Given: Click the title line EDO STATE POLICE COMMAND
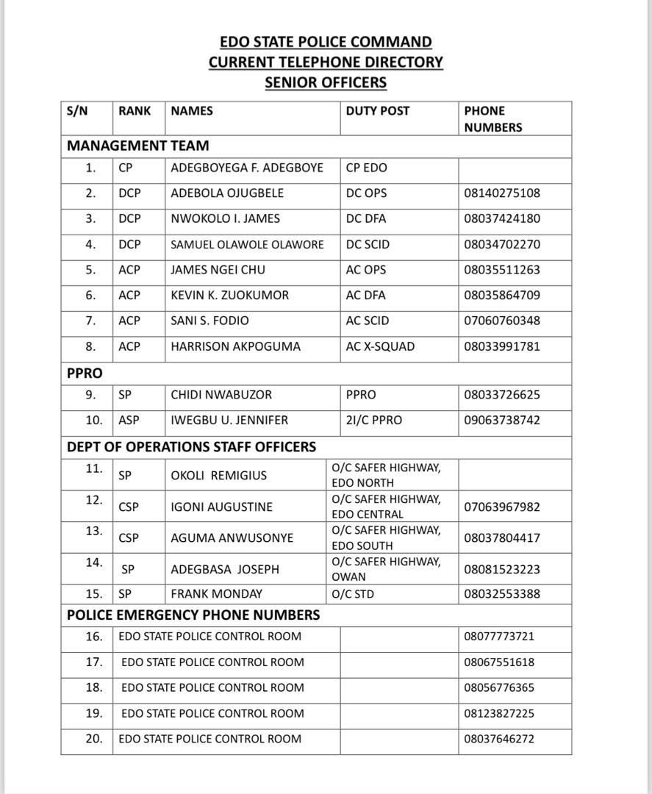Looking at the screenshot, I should pos(326,42).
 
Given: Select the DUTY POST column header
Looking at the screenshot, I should pos(378,111).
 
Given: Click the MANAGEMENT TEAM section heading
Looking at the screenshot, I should pos(137,146).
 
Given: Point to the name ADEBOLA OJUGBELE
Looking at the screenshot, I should pos(227,193).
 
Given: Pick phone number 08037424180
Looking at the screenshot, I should pos(502,218).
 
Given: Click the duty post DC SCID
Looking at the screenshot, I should pos(368,244).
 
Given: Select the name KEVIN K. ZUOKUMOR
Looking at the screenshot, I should pos(229,296).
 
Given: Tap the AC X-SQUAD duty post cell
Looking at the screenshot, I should pos(380,346).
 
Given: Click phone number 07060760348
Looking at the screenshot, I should pos(502,321).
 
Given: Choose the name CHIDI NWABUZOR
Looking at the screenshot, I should pos(221,395).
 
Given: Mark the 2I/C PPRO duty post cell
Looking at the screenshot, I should pos(374,421).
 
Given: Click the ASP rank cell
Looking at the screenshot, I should pos(129,421).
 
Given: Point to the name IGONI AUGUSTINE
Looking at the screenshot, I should pos(221,507).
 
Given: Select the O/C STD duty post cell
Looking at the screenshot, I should pos(353,594).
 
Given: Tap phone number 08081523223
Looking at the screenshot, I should pos(502,569).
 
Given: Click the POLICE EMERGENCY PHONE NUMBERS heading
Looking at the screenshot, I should pos(193,615).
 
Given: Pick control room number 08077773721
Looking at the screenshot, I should pos(499,637).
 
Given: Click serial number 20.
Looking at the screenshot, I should pos(93,739).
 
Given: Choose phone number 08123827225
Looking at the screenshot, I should pos(499,713).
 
